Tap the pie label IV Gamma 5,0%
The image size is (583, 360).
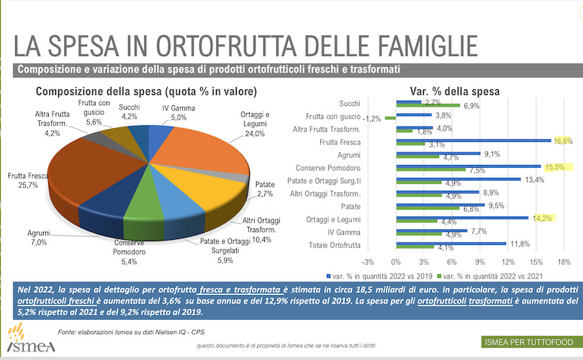tap(173, 112)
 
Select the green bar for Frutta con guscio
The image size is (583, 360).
tap(390, 118)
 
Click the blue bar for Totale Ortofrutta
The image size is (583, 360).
tap(451, 243)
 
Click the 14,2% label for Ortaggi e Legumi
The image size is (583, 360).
tap(542, 218)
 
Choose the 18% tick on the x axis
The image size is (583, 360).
tap(564, 261)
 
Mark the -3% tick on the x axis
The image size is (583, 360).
tap(368, 261)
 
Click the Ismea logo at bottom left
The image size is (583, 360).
tap(24, 340)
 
